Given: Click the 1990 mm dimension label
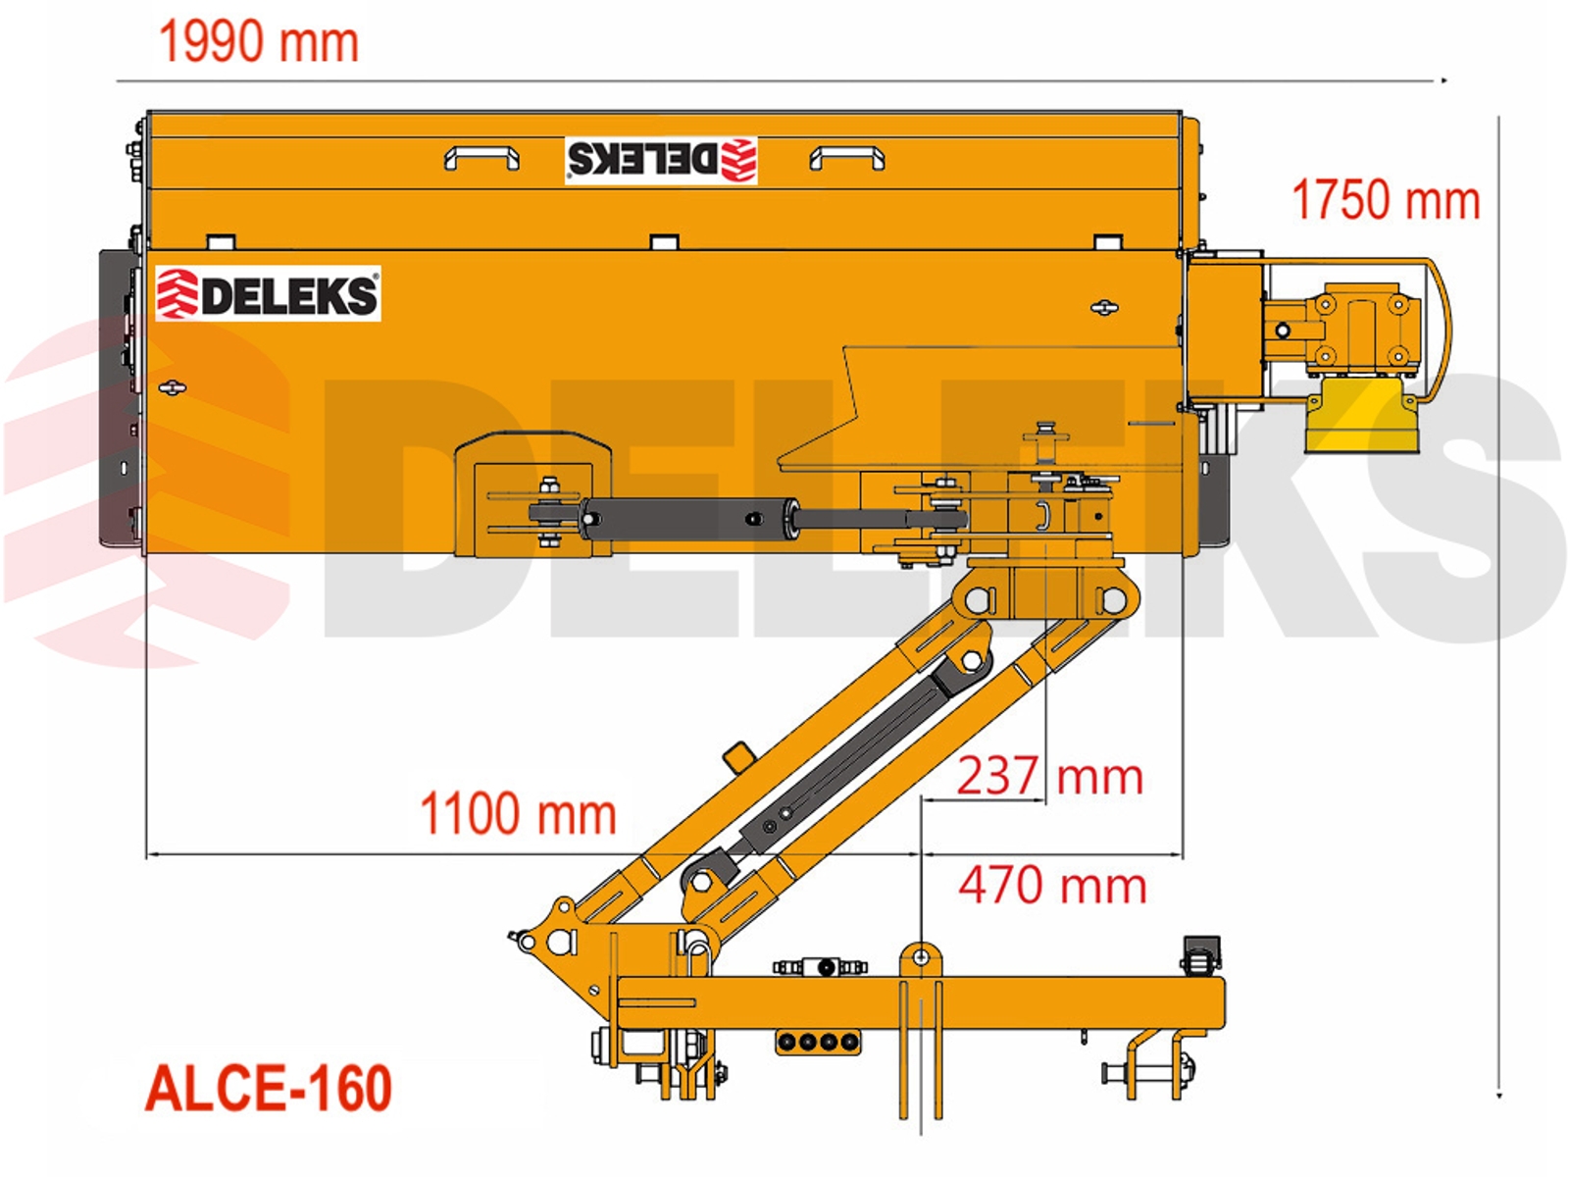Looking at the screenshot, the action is pos(258,43).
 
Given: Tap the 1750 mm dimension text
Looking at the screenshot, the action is pos(1386,200).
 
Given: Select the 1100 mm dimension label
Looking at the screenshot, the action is pos(518,813).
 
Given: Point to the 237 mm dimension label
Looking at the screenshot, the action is pos(1049,776).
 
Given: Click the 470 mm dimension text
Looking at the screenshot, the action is pos(1052,886).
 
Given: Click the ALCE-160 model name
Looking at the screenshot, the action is pos(269,1088).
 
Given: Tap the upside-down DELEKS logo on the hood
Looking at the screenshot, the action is pos(661,160).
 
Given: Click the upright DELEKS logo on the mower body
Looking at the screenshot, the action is pos(268,293).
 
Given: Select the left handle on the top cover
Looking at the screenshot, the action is pos(481,157).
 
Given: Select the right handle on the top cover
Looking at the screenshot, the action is pos(847,157).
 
